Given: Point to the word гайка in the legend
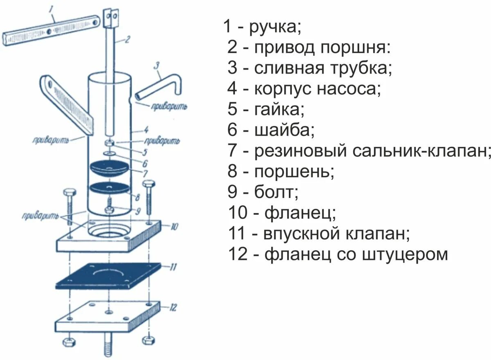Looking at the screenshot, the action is pos(279,110).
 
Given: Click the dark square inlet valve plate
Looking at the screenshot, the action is pos(108,277).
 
